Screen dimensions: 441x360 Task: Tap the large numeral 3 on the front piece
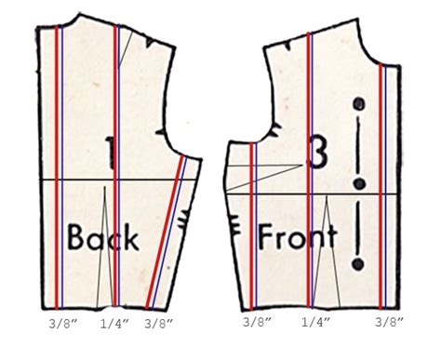click(317, 154)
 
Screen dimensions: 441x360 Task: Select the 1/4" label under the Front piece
click(316, 322)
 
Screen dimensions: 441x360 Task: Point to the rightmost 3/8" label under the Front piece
click(389, 322)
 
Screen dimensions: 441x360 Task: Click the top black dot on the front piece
click(357, 102)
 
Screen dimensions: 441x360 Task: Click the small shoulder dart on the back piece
click(124, 56)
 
